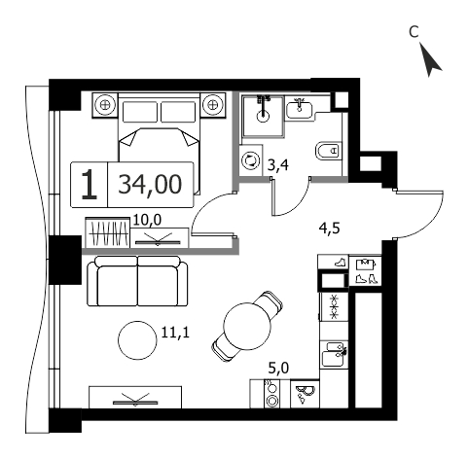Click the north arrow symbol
[x=430, y=60]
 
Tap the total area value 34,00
[x=150, y=185]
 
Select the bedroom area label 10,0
[x=147, y=221]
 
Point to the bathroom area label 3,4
[x=278, y=165]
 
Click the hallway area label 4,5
[x=329, y=229]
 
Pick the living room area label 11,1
[x=175, y=333]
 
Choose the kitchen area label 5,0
[x=279, y=369]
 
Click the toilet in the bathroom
[x=329, y=151]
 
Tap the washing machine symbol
[x=251, y=160]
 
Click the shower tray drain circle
[x=263, y=116]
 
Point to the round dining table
[x=247, y=326]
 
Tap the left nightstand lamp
[x=104, y=105]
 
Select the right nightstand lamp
[x=212, y=105]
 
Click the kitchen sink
[x=334, y=354]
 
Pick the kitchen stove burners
[x=271, y=394]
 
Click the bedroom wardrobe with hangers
[x=108, y=232]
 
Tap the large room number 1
[x=89, y=185]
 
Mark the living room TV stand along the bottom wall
[x=135, y=397]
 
